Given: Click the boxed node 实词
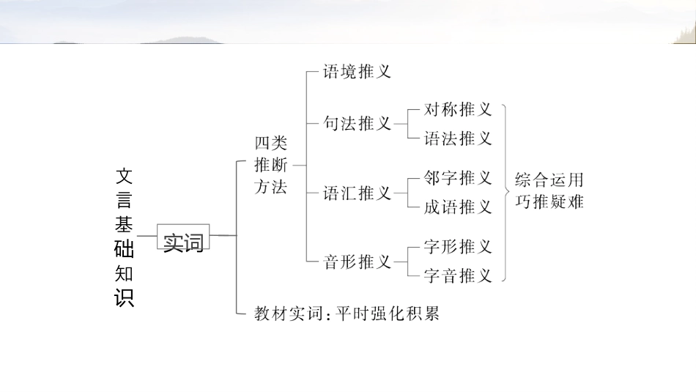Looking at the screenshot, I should (x=183, y=242).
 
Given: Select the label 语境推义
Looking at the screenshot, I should (x=358, y=71).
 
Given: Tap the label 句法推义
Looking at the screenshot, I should (x=358, y=124).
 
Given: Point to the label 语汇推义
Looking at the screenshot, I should (x=358, y=193).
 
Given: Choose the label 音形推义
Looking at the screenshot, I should (x=358, y=262).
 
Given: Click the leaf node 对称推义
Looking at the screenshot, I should (x=458, y=110).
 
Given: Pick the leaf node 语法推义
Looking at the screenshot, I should (x=458, y=138).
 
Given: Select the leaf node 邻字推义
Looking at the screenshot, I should (x=458, y=178).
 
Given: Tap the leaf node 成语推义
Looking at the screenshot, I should (x=458, y=207).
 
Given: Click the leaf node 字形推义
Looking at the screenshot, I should (x=458, y=247).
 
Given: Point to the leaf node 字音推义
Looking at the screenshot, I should (x=458, y=276).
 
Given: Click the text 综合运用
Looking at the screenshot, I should (x=549, y=180).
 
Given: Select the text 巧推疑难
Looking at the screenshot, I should (x=549, y=201).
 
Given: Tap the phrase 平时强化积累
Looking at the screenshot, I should (x=388, y=314).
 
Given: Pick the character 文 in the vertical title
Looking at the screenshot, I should (x=125, y=176).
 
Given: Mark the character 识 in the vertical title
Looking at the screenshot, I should (x=125, y=298).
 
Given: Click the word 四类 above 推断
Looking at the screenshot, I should (x=271, y=143).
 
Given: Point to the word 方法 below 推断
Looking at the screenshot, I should (x=271, y=187).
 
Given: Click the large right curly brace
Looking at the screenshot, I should (x=506, y=192).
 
